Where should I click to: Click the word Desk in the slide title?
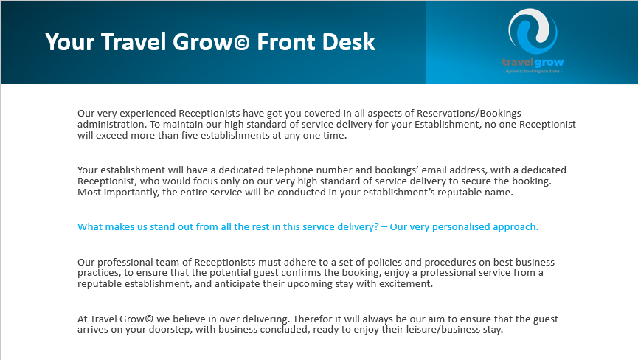coord(350,41)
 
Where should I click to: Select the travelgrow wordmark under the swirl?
coord(532,62)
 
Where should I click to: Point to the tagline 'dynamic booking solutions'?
coord(532,72)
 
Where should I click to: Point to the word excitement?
coord(405,284)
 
